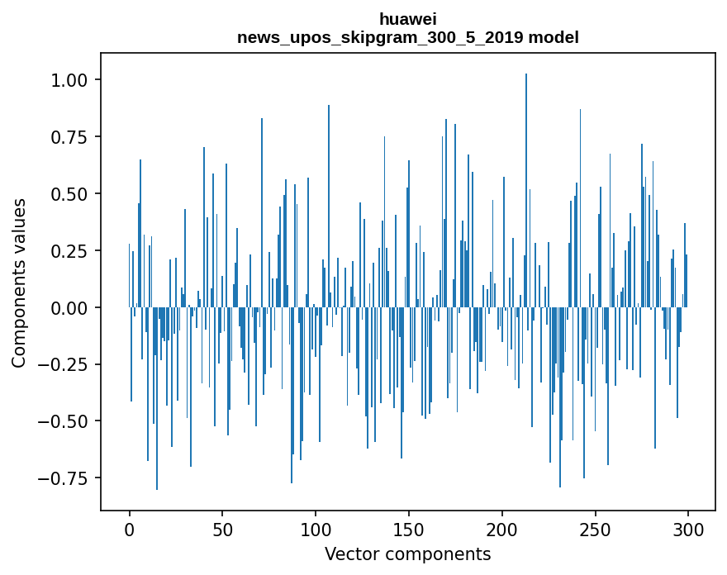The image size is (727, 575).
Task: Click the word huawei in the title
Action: coord(407,19)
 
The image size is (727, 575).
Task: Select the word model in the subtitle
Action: coord(554,37)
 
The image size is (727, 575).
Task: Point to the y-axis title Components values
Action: coord(19,283)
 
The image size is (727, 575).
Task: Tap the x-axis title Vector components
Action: coord(407,554)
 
